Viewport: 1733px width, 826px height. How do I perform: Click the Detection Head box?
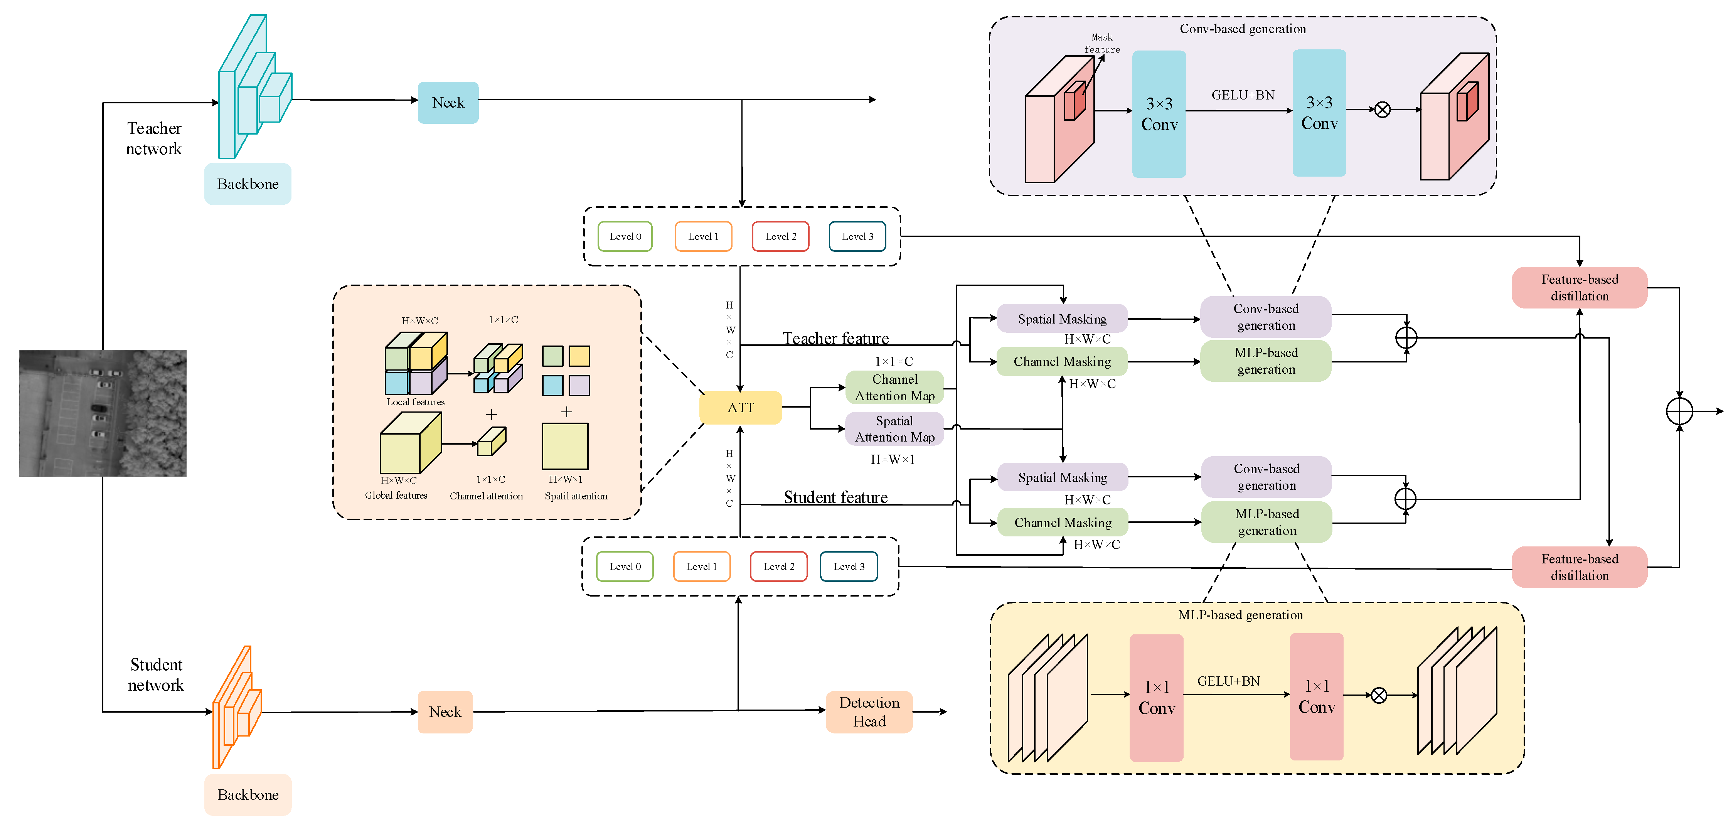(x=869, y=711)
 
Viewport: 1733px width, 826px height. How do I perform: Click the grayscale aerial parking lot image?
(x=102, y=413)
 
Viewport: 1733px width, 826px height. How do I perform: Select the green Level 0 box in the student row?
(x=625, y=566)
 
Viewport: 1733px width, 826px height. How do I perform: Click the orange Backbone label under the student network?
(x=248, y=794)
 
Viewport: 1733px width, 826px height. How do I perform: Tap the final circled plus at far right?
(x=1679, y=411)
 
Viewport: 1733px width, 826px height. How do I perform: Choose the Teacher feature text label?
(x=835, y=338)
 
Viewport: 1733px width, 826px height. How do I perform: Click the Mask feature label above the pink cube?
(x=1102, y=44)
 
